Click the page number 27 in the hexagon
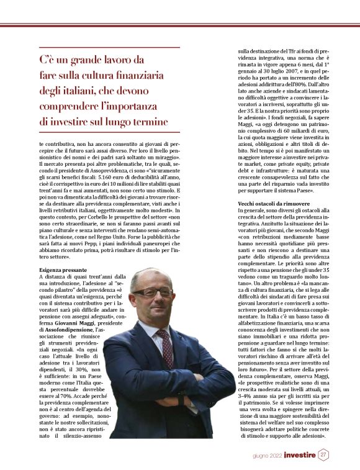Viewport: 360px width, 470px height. tap(323, 454)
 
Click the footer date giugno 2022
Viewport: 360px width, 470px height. tap(269, 455)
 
